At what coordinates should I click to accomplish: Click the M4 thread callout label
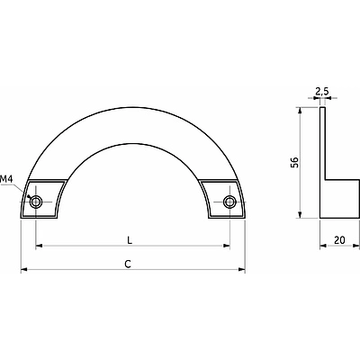6,179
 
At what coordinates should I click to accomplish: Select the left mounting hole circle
36,202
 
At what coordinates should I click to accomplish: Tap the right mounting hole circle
229,202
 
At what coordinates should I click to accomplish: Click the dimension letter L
130,240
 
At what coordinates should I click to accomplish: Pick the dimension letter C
128,264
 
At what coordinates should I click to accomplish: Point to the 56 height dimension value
295,162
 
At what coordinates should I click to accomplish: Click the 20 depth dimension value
339,240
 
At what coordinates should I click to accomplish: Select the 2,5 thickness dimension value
322,91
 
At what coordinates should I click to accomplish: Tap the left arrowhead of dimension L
40,246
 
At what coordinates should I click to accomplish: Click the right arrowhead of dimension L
226,246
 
